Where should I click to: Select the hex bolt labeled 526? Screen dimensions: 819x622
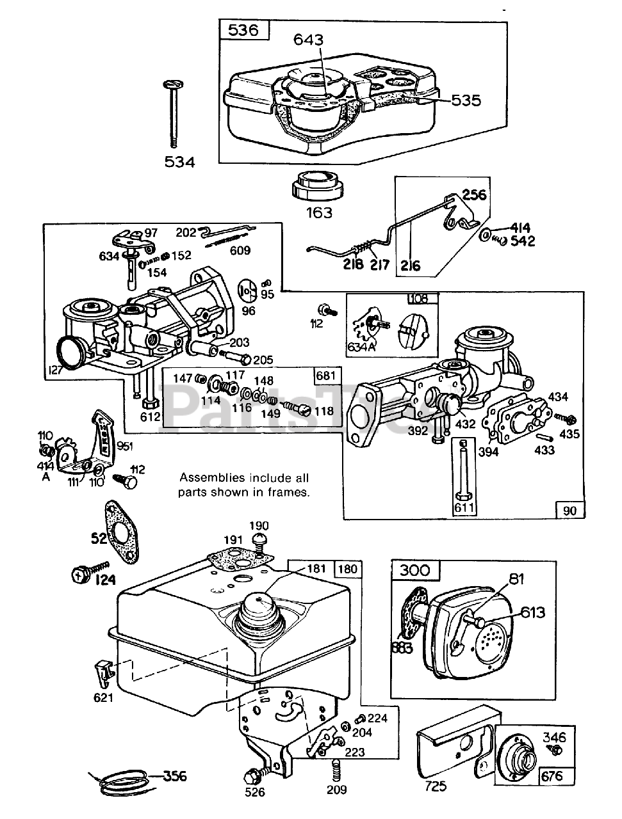pos(252,777)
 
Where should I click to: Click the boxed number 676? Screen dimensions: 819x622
pos(552,776)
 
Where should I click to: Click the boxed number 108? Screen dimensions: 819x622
pos(424,299)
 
